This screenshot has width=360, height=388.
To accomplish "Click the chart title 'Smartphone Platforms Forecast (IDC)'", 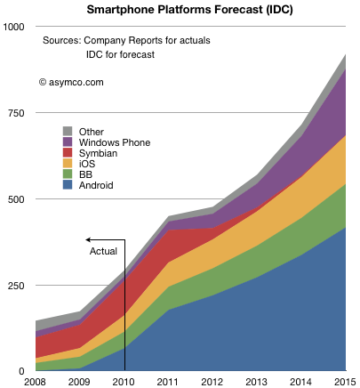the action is coord(189,10).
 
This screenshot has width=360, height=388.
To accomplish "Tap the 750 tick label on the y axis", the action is coord(16,113).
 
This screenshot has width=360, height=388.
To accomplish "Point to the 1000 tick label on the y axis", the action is coord(13,27).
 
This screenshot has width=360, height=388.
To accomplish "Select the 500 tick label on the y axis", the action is coord(16,199).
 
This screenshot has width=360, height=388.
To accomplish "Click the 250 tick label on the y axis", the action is coord(16,286).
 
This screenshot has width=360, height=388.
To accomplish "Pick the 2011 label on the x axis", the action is coord(167,382).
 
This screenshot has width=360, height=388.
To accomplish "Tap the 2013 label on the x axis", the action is coord(256,382).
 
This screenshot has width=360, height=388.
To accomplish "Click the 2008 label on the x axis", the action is coord(35,382).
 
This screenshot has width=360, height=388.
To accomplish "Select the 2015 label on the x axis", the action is coord(345,382).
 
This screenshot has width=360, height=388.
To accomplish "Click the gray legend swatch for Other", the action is coord(68,131).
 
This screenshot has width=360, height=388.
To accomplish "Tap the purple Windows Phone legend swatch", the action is coord(68,141).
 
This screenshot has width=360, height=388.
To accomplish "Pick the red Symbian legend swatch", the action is coord(68,152).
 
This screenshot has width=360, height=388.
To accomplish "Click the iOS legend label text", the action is coord(87,164).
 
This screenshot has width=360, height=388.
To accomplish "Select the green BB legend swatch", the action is coord(68,174).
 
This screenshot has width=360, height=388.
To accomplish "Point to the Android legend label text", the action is coord(96,185).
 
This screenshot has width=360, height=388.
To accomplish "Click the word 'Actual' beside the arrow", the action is coord(103,251).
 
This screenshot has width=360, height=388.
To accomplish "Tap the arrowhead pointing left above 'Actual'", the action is coord(88,239).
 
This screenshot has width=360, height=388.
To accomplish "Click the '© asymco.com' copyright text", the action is coord(71,82).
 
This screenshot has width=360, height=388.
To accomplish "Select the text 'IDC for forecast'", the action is coord(120,54).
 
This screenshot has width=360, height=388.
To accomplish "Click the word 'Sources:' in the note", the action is coord(61,40).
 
